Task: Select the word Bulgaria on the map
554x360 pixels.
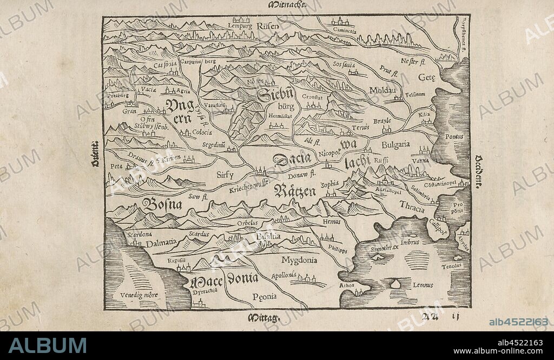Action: pyautogui.click(x=395, y=145)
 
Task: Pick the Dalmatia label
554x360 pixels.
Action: pyautogui.click(x=161, y=244)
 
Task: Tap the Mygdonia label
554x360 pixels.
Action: pyautogui.click(x=299, y=260)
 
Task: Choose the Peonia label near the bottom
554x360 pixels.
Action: pyautogui.click(x=265, y=296)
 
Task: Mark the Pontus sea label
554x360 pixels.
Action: pyautogui.click(x=454, y=137)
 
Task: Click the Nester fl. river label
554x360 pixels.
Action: pyautogui.click(x=412, y=62)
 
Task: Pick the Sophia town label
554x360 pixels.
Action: pyautogui.click(x=329, y=184)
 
